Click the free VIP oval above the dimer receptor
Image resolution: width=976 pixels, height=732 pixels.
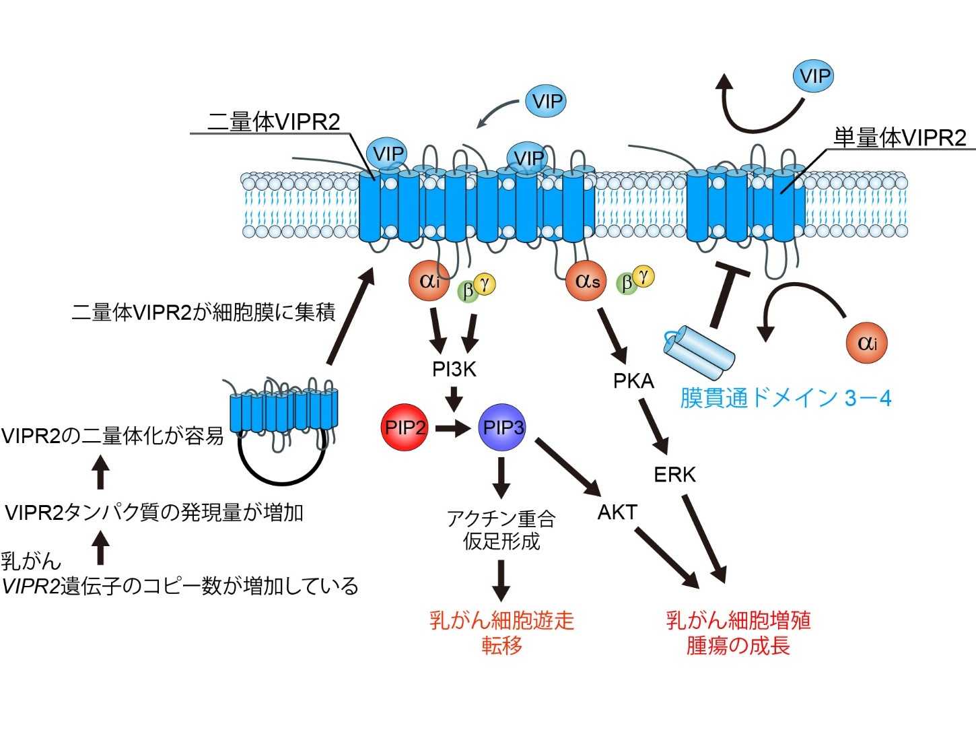[x=546, y=102]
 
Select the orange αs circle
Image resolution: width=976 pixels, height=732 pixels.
[x=586, y=281]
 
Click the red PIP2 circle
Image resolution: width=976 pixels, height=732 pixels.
[x=405, y=427]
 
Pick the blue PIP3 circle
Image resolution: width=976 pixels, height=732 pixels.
[x=503, y=427]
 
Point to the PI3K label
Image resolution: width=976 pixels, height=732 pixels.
[x=454, y=369]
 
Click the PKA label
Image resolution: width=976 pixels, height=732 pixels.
[x=633, y=381]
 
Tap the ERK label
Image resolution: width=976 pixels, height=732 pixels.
[x=674, y=475]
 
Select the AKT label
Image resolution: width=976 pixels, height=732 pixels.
[x=617, y=512]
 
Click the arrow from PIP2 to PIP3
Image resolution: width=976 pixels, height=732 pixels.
[x=453, y=427]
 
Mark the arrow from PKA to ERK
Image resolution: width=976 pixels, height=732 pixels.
[x=654, y=427]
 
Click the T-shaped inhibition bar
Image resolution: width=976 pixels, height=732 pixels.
[x=726, y=296]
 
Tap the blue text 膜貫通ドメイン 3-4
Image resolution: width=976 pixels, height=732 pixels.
[x=786, y=398]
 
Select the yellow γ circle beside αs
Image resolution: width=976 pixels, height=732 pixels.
[x=644, y=275]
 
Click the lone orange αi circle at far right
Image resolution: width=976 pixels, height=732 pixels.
[x=866, y=343]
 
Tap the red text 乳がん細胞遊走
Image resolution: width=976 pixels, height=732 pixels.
[x=501, y=620]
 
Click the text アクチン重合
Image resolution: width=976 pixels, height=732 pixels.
[x=501, y=519]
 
